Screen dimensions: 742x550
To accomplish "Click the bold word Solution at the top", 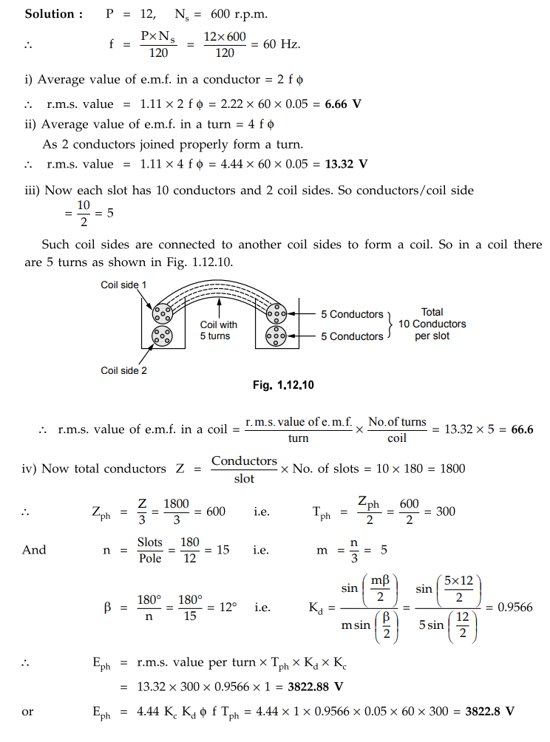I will coord(50,15).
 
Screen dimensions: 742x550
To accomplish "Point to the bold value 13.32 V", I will coord(347,163).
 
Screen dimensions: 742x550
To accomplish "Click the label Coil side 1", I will coord(123,285).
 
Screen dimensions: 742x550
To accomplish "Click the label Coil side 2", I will coord(123,370).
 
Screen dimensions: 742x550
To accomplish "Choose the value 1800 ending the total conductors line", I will coord(447,469).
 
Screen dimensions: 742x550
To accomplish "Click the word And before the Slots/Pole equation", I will coord(34,550).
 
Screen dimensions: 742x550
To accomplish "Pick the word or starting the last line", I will coord(27,712).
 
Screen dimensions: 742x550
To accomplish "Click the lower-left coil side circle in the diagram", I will coord(161,337).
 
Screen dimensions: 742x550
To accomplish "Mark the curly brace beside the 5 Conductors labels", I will coord(390,324).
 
